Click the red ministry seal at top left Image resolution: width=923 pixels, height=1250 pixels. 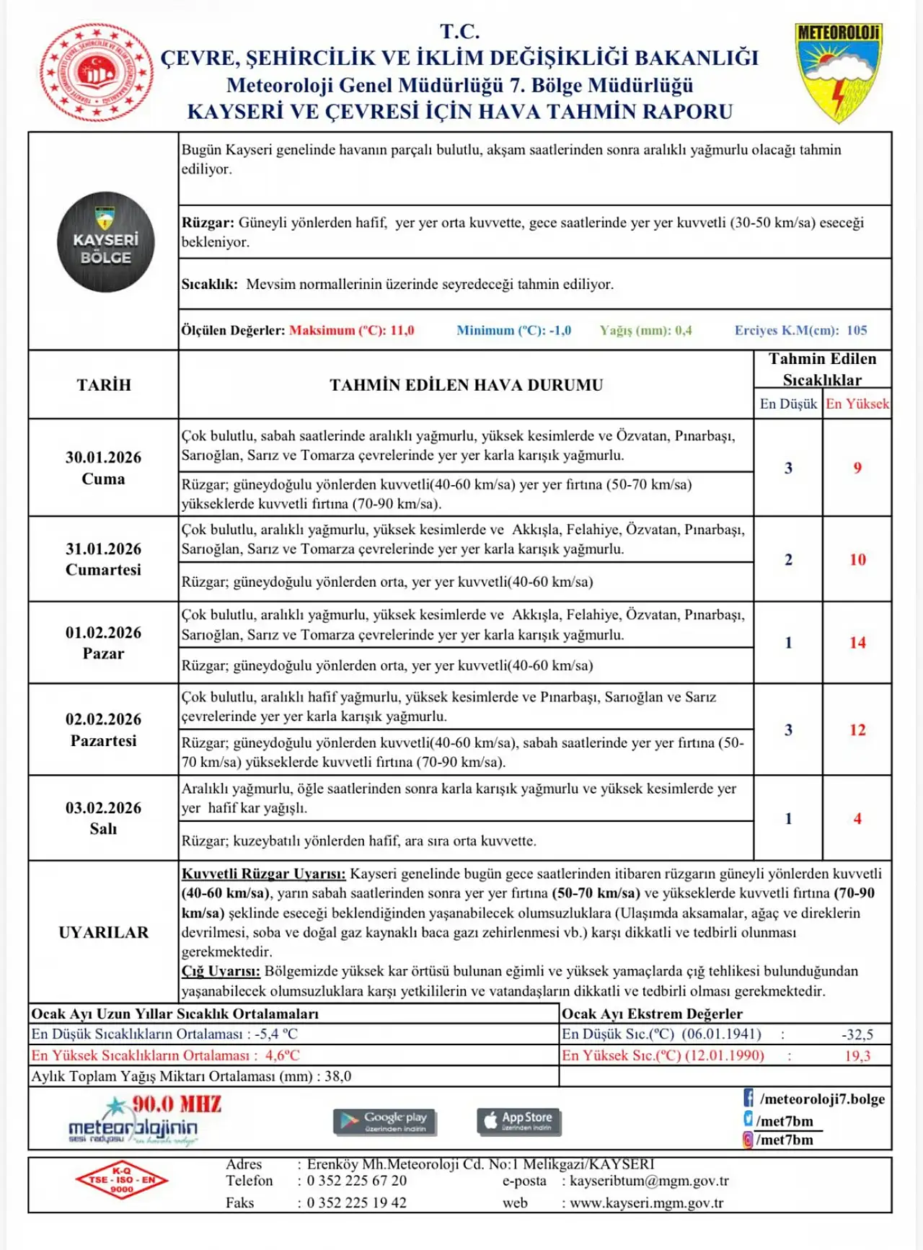[x=97, y=72]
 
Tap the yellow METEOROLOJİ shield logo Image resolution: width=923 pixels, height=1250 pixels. [x=839, y=72]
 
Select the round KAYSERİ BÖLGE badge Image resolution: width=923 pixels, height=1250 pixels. [x=106, y=242]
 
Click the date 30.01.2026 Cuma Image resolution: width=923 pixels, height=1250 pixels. [x=103, y=468]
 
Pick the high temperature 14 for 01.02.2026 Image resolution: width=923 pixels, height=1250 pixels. [x=857, y=642]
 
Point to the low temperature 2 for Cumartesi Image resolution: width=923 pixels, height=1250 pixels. [x=788, y=559]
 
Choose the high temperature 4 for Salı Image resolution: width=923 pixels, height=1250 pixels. [x=857, y=818]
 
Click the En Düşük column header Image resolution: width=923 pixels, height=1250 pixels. [x=788, y=404]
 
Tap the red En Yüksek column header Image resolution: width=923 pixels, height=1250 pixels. [x=857, y=404]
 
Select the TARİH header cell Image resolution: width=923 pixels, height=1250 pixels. [x=104, y=385]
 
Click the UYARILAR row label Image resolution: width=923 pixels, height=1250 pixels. [x=104, y=932]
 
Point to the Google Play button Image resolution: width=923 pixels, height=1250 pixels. [x=385, y=1121]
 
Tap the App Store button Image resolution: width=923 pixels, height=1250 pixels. [x=519, y=1121]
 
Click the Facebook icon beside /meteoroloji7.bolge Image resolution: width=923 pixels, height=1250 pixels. [x=748, y=1098]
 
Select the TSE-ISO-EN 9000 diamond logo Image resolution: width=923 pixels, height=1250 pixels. [x=122, y=1180]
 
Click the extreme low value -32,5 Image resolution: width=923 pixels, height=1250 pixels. [x=857, y=1034]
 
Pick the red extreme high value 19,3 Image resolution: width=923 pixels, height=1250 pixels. [x=857, y=1055]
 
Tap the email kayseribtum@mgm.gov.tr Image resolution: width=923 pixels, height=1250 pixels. [x=649, y=1181]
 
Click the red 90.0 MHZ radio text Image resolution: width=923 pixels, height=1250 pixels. [x=177, y=1104]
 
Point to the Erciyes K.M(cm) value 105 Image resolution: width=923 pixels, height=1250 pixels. [x=857, y=330]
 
